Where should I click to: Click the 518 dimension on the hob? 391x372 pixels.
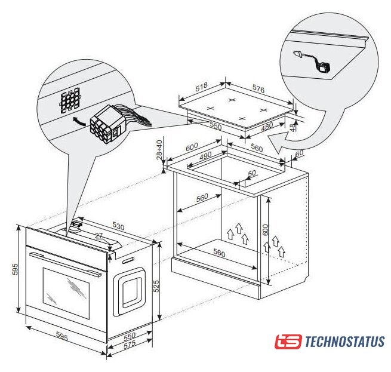(x=201, y=87)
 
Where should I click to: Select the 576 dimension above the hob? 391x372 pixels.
(x=258, y=88)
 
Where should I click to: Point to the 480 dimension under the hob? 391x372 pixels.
(x=267, y=127)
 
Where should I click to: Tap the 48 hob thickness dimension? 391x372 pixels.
(x=293, y=127)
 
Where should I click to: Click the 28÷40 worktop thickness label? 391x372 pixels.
(x=159, y=149)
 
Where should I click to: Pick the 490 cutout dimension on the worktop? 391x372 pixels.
(x=205, y=156)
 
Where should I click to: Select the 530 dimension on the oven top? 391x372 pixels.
(x=118, y=226)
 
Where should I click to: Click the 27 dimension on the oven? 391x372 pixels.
(x=99, y=235)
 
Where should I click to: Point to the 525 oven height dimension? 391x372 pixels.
(x=156, y=286)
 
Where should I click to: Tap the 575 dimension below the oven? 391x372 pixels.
(x=130, y=345)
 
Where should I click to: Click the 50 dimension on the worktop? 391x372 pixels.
(x=252, y=173)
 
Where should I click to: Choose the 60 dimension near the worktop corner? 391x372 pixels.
(x=299, y=153)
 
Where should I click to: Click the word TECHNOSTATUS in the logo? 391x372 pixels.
(x=344, y=342)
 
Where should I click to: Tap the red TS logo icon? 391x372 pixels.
(x=288, y=342)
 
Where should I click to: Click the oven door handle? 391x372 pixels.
(x=65, y=264)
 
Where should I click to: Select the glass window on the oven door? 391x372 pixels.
(x=66, y=293)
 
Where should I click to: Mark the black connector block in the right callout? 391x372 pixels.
(x=324, y=67)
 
